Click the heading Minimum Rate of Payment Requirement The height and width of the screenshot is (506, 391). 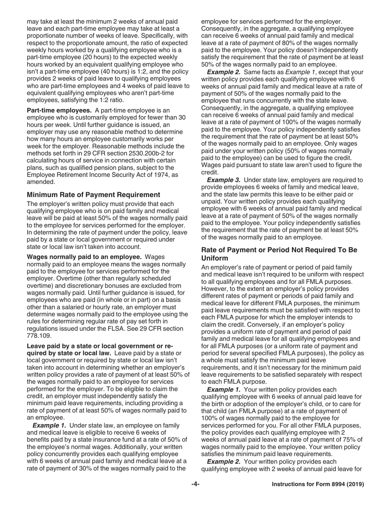(x=93, y=195)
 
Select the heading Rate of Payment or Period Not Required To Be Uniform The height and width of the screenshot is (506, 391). (x=279, y=254)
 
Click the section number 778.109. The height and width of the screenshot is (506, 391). (x=39, y=336)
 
